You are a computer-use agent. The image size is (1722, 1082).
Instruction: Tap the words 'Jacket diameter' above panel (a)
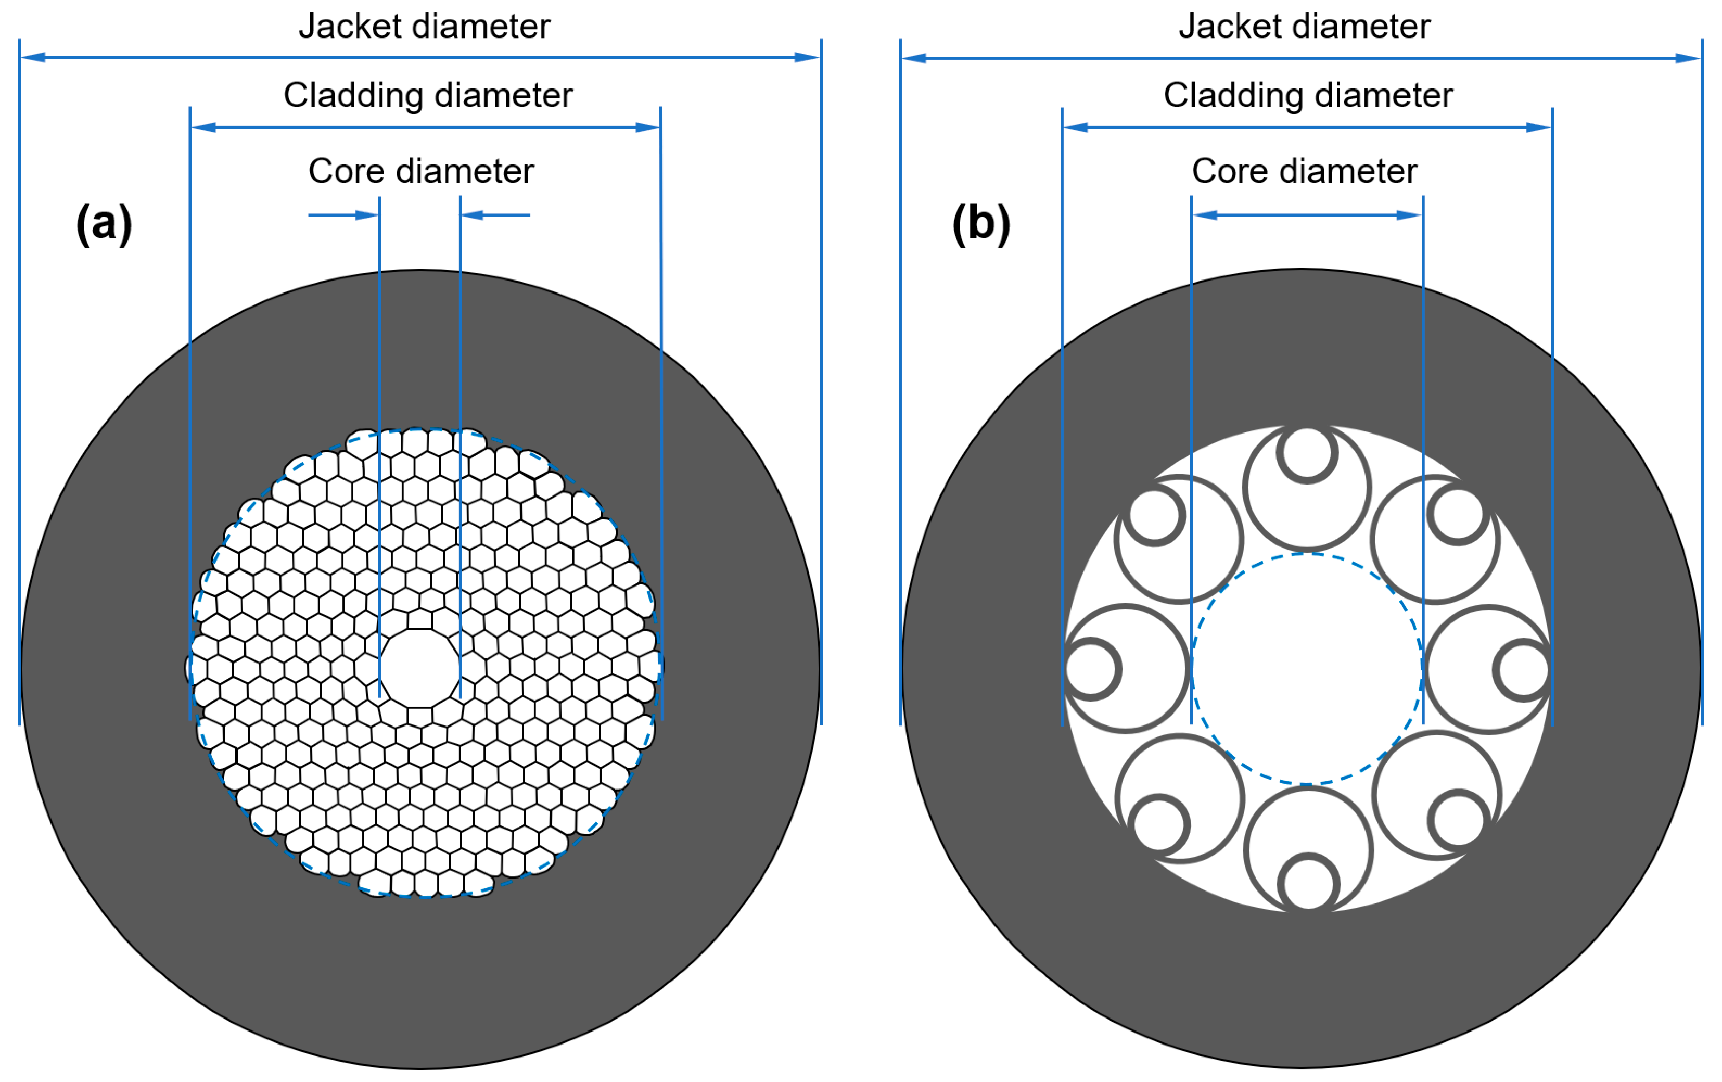[x=424, y=27]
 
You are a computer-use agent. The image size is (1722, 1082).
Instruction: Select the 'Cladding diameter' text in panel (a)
[x=428, y=95]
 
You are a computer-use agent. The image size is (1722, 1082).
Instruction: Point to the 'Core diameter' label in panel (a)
[x=420, y=171]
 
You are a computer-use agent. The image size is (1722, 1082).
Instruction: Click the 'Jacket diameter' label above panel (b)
[x=1304, y=27]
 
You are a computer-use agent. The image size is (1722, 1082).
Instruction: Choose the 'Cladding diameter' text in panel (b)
[x=1308, y=95]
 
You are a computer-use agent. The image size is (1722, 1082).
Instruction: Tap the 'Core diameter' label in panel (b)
[x=1304, y=171]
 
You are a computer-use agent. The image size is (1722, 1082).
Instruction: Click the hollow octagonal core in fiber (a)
[x=420, y=668]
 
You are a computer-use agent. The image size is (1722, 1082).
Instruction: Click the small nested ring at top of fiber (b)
[x=1307, y=453]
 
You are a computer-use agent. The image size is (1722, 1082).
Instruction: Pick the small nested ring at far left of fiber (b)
[x=1091, y=669]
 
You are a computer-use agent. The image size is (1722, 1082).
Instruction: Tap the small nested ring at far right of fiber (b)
[x=1523, y=670]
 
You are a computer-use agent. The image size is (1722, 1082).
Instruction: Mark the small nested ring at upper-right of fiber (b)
[x=1458, y=514]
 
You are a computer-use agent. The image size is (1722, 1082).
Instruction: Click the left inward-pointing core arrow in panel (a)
[x=343, y=214]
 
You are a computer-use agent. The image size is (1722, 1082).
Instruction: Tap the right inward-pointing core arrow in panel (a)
[x=495, y=214]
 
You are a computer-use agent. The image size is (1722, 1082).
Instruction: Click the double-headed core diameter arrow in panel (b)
[x=1307, y=214]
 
